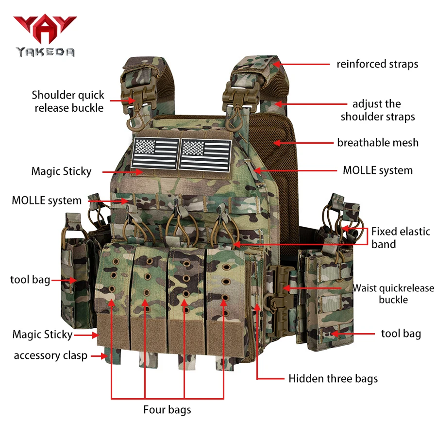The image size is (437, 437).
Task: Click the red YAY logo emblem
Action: pos(45,29)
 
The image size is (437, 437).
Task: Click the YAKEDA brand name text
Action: pos(46,52)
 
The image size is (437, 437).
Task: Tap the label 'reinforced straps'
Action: pos(377,64)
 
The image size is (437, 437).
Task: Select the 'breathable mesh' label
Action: pos(378,142)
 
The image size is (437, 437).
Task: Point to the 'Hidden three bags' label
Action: pos(333,378)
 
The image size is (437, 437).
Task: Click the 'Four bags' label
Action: pos(167,410)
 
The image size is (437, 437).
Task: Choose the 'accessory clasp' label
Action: pos(50,355)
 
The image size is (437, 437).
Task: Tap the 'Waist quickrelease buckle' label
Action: pos(393,294)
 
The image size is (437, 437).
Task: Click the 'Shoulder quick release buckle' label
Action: pos(68,101)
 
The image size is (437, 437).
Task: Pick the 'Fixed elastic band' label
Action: pos(401,238)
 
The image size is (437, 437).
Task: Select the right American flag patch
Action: pos(205,155)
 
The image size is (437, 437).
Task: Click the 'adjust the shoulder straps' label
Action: pos(378,110)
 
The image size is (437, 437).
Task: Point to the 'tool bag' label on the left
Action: pos(30,280)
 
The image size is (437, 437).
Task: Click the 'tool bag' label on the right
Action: pos(401,334)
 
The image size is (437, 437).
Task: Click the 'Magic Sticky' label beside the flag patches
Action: pos(61,171)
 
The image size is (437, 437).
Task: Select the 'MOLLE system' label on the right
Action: pos(378,170)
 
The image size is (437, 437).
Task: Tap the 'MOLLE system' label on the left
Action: pos(47,201)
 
